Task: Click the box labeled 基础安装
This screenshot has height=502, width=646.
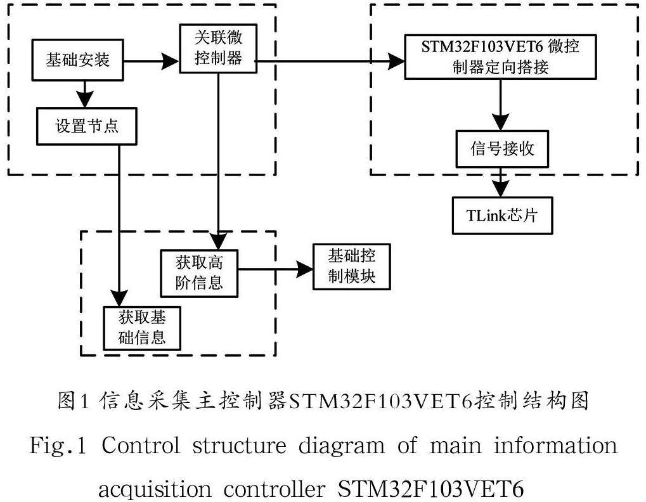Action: coord(78,61)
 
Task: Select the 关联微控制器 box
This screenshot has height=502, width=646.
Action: coord(217,48)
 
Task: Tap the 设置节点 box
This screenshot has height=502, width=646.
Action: coord(87,125)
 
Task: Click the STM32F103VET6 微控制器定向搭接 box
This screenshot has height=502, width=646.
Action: coord(501,57)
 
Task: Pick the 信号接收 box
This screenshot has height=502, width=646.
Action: coord(501,149)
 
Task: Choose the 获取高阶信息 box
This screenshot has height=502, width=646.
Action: coord(199,273)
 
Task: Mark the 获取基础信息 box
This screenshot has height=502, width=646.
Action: coord(142,327)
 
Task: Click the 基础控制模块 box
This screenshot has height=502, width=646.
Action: coord(352,267)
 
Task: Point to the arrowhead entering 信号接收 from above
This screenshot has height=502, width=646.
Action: coord(501,124)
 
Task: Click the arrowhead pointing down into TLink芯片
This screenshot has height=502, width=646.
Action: coord(501,190)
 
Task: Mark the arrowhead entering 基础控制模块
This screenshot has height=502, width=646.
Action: coord(306,269)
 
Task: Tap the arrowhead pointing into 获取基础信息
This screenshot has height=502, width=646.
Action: coord(119,298)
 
